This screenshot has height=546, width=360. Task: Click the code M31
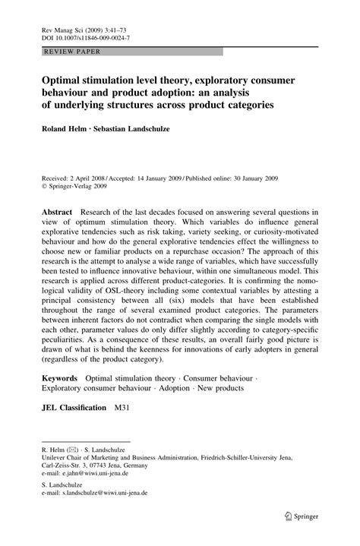click(x=123, y=407)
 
